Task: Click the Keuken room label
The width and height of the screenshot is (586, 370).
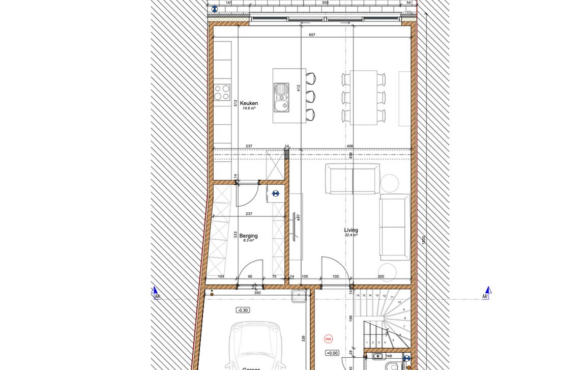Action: pos(249,103)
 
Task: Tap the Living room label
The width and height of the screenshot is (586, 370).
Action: pos(351,230)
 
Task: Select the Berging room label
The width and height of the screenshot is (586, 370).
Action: pos(249,236)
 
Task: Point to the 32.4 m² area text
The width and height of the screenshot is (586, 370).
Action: pos(351,235)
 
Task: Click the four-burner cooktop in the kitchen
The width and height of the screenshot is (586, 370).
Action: pos(221,92)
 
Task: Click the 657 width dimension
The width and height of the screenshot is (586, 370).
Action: pos(312,35)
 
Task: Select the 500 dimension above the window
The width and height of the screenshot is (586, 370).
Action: pos(325,3)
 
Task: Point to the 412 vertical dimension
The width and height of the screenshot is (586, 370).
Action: pos(299,88)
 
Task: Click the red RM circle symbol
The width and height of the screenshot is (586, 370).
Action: pos(328,338)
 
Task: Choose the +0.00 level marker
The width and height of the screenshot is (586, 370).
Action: pos(332,353)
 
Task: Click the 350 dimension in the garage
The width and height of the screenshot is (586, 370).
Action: pos(257,293)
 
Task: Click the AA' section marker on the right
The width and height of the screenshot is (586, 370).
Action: pos(487,293)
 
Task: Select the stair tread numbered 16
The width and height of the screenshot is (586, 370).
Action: pos(358,295)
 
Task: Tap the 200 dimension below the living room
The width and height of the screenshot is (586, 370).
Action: pos(381,276)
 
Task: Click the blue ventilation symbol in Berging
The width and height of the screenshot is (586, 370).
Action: pos(275,193)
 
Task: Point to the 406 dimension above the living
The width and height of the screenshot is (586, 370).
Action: pos(349,147)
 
